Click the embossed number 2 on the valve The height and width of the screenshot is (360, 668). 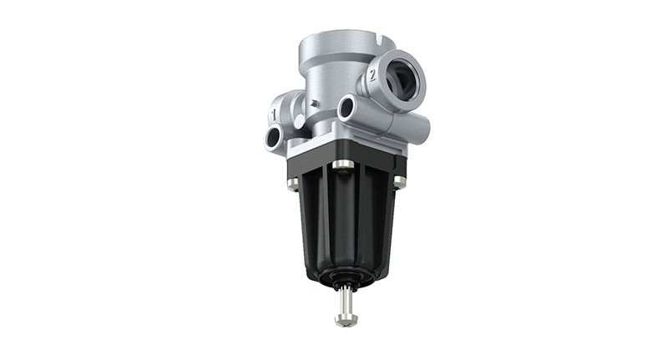click(372, 75)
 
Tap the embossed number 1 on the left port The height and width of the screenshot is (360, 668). click(273, 114)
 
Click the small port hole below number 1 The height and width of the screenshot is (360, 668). click(273, 137)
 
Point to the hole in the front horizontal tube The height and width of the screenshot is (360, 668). click(347, 107)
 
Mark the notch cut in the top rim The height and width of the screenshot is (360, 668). click(381, 41)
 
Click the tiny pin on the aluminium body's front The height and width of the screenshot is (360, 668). click(315, 103)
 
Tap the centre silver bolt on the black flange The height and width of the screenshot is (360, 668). click(343, 165)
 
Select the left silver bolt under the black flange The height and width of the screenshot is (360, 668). click(293, 184)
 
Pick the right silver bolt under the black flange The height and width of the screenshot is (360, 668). click(399, 182)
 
